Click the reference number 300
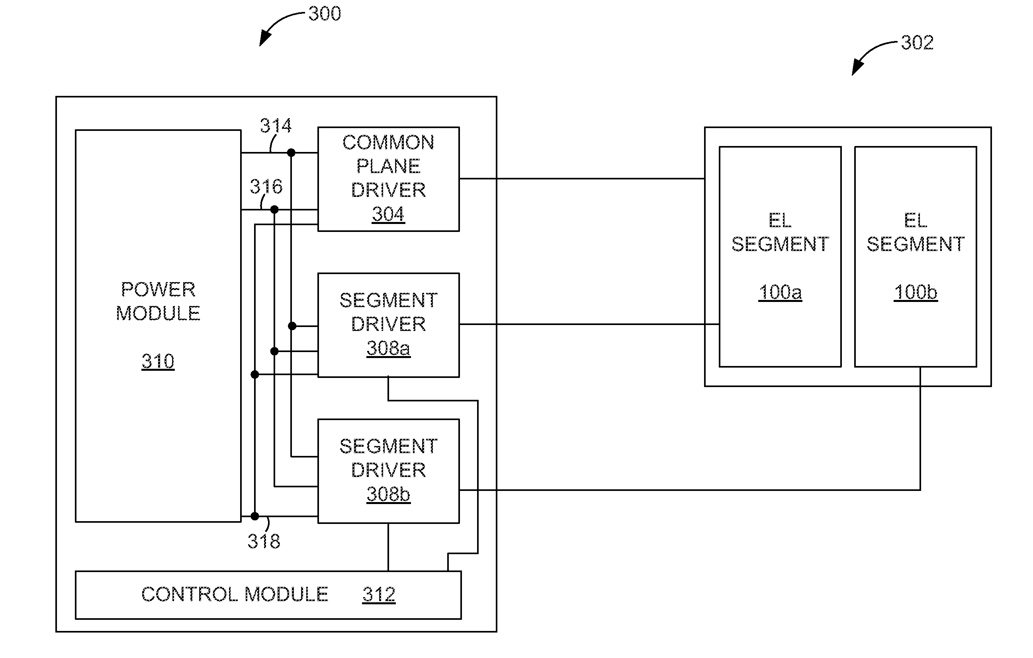tap(325, 14)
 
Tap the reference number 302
tap(917, 43)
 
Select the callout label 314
tap(276, 126)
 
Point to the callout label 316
tap(266, 187)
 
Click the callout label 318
tap(264, 541)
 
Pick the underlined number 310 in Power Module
tap(158, 361)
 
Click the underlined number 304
tap(388, 214)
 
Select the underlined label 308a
tap(388, 348)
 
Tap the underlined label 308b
tap(388, 494)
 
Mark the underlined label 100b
tap(916, 292)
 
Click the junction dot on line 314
tap(291, 153)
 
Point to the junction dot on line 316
tap(274, 210)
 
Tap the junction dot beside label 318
tap(255, 516)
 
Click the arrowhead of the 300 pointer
tap(260, 45)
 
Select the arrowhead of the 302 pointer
tap(853, 74)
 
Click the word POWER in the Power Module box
tap(158, 289)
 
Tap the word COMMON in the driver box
tap(388, 142)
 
